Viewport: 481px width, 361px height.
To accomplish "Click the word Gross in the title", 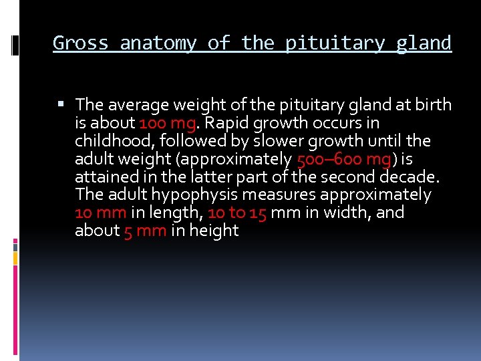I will tap(81, 43).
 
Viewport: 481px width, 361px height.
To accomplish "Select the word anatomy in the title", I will tap(158, 43).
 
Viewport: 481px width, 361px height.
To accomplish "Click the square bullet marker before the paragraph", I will tap(61, 104).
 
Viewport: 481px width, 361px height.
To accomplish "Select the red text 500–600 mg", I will tap(344, 159).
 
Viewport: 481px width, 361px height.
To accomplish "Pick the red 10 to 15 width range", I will tap(237, 213).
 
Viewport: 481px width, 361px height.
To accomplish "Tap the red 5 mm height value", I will tap(145, 231).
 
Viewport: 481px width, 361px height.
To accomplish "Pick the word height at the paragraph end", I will tap(214, 231).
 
